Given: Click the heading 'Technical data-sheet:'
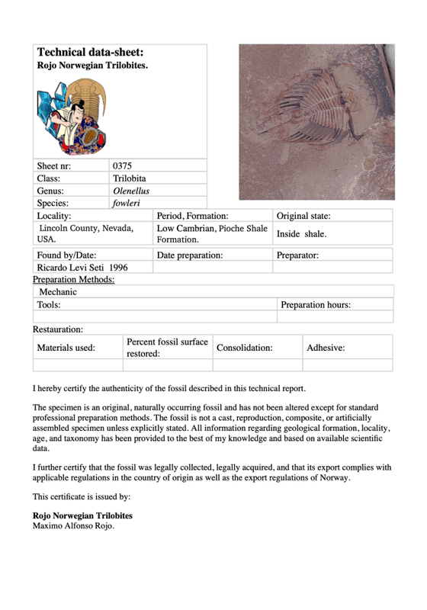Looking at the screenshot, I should point(90,53).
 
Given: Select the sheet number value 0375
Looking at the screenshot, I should point(123,165).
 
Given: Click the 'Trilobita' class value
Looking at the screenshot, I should point(130,178).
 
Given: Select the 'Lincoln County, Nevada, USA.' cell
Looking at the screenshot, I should point(85,233).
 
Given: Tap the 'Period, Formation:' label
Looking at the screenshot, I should point(192,217).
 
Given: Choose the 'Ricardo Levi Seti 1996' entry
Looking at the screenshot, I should point(82,268).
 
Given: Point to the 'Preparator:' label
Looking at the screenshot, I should point(297,255).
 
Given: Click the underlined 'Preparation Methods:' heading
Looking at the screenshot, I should point(74,280).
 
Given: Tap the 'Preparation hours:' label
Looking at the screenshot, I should point(316,305).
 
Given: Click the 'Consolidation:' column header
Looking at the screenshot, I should point(244,347).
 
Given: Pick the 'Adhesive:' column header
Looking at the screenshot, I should point(326,347).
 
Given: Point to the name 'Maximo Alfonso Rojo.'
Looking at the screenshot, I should point(73,525).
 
